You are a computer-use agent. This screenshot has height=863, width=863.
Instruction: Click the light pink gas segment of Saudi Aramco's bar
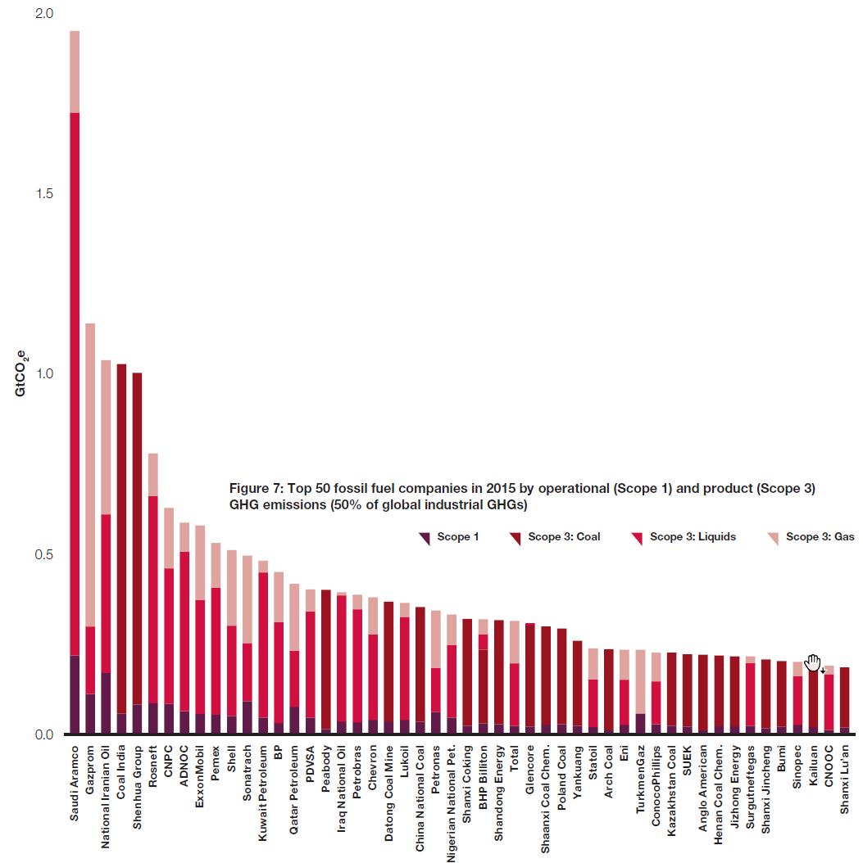point(75,71)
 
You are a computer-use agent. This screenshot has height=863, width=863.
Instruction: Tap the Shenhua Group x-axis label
point(137,786)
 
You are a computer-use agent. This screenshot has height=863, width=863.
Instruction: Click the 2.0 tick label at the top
point(43,14)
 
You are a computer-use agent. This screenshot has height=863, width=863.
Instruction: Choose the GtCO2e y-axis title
point(20,373)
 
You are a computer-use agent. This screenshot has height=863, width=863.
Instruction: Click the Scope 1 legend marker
point(425,538)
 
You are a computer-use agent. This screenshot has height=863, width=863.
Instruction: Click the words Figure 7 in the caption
point(253,489)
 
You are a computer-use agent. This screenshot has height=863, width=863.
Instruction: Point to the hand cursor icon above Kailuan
point(813,662)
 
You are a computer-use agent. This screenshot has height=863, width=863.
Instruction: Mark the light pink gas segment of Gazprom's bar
point(90,475)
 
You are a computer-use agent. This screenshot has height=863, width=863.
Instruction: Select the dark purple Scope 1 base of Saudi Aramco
point(75,694)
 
